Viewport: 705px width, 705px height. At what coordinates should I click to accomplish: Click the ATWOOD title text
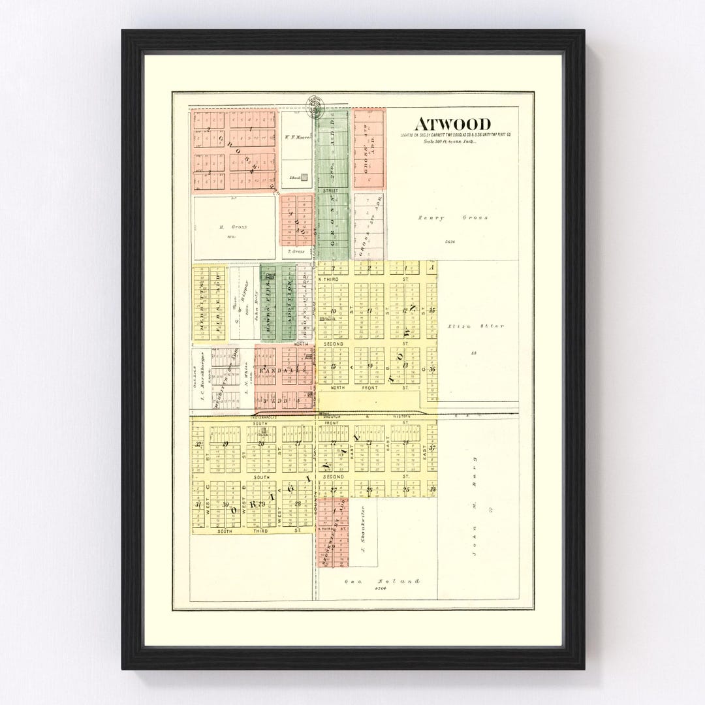click(452, 124)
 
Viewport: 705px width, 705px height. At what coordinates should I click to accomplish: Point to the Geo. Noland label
click(382, 580)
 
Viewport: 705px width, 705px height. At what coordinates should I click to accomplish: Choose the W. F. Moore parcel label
click(298, 137)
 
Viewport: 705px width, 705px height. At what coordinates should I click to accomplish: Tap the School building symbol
click(304, 176)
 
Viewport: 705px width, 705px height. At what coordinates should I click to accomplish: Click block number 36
click(431, 369)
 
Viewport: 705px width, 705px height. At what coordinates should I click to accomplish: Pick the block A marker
click(431, 267)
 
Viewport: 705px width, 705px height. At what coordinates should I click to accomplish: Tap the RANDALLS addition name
click(281, 370)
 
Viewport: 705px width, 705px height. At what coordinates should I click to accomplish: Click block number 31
click(197, 504)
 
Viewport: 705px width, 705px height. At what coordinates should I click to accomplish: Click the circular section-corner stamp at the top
click(314, 104)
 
